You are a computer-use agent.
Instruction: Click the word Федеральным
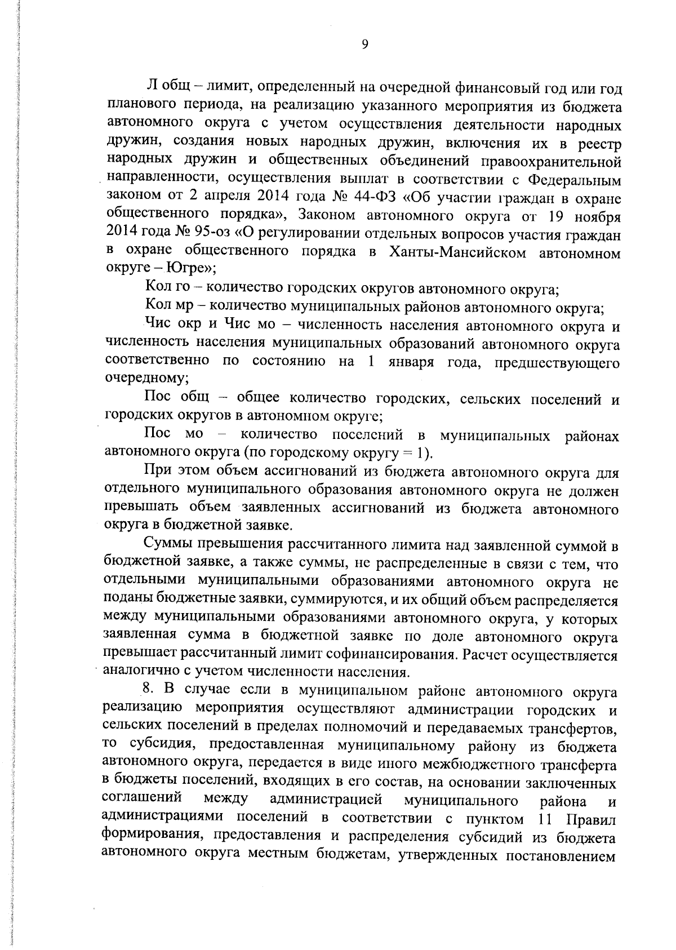click(x=575, y=181)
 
